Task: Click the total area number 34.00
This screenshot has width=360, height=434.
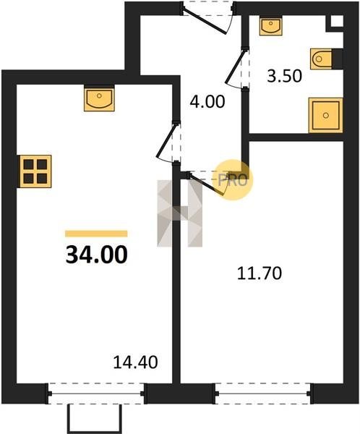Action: point(97,255)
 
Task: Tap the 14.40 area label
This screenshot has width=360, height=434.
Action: point(136,362)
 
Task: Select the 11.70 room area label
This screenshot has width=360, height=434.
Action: point(260,273)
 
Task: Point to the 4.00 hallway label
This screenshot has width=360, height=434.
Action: point(207,101)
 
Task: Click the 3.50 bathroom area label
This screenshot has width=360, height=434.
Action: point(284,76)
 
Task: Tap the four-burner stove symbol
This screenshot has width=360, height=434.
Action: point(35,171)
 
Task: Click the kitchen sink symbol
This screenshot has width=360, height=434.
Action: point(99,98)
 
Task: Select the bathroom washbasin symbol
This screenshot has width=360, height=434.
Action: point(271,26)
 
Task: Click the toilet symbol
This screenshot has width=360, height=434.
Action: point(321,59)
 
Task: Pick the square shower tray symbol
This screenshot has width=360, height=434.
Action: point(326,115)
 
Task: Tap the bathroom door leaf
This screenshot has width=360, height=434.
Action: point(235,67)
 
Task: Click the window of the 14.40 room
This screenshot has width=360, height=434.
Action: point(96,393)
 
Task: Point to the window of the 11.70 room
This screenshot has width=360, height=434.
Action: point(263,393)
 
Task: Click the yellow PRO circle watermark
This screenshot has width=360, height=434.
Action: point(234,180)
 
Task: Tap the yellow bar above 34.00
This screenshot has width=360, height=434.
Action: point(96,234)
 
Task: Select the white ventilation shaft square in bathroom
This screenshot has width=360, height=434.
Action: point(337,21)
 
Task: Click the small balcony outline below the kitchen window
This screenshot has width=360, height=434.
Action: point(95,419)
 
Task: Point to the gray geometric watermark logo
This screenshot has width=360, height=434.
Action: point(179,213)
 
